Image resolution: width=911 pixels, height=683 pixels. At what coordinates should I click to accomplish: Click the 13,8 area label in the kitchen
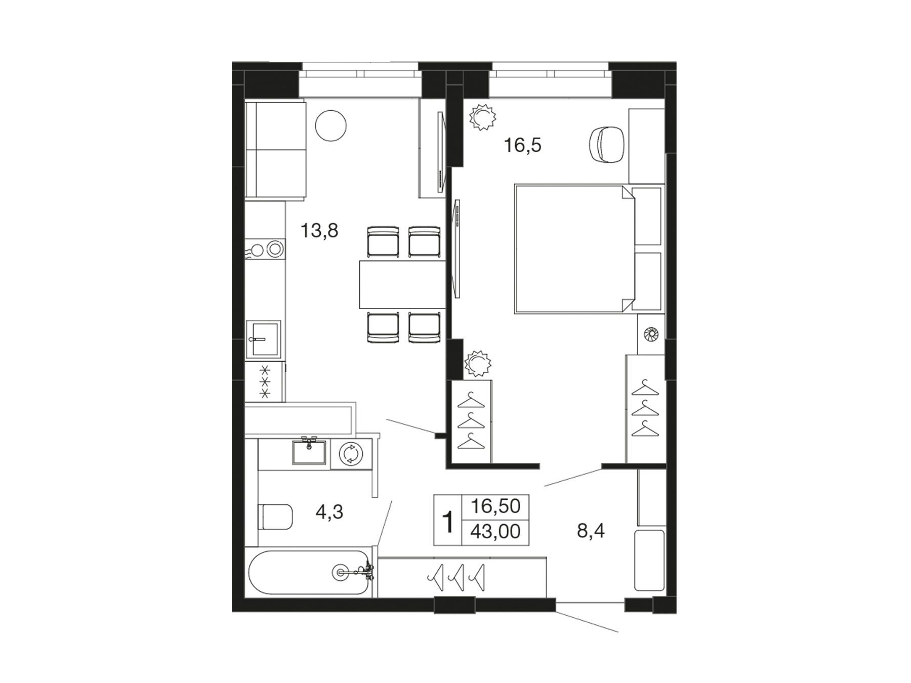point(319,231)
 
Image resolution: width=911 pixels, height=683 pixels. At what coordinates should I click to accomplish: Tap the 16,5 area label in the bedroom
point(522,146)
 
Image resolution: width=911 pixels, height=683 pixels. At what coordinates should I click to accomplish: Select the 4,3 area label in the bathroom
point(329,511)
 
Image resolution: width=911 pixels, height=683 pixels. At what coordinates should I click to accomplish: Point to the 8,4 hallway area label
point(591,531)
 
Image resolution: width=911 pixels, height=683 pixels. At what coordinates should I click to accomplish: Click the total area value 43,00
point(495,532)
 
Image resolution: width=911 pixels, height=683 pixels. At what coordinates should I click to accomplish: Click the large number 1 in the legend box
point(448,522)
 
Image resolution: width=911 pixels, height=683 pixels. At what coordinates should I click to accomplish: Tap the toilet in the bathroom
point(275,517)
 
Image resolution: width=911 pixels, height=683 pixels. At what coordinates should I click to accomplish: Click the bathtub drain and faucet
point(354,573)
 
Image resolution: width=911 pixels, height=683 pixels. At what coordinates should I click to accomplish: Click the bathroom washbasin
point(309,451)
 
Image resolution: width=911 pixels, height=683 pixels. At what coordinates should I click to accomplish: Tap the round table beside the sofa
point(331,126)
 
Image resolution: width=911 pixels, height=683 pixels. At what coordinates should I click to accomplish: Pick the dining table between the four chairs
point(402,284)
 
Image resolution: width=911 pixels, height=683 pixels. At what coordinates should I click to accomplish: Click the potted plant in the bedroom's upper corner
point(482,117)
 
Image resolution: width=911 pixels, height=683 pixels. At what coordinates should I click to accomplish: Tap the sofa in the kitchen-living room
point(276,150)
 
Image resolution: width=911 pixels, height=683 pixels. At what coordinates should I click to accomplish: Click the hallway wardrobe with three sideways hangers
point(462,577)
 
